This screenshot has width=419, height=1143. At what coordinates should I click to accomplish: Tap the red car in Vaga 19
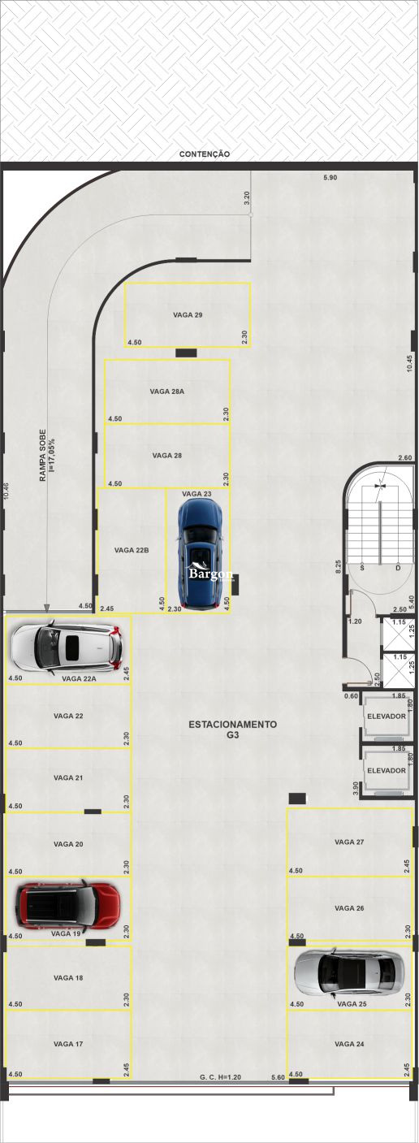pos(69,905)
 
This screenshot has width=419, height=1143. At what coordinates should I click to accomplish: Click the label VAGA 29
pos(188,314)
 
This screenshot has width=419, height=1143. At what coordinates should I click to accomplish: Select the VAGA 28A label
pos(167,391)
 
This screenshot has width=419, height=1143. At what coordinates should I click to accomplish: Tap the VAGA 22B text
pos(132,550)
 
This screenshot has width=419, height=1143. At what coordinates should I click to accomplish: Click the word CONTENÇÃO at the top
pos(205,154)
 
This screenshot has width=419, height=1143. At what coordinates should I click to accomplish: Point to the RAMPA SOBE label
pos(46,457)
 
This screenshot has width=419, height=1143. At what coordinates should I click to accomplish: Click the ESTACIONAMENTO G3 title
pos(232,729)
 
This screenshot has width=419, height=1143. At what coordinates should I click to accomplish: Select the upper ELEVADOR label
pos(386,717)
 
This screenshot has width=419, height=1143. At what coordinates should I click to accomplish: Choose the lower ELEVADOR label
pos(386,770)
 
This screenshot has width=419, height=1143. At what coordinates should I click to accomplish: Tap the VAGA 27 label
pos(349,842)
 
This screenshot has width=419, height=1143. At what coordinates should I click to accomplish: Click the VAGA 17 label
pos(68,1043)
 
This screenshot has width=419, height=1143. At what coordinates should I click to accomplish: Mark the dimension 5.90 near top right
pos(330,177)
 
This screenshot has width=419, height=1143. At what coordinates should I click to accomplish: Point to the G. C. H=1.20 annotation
pos(222,1077)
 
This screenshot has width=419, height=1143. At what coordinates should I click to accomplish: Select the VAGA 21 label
pos(68,777)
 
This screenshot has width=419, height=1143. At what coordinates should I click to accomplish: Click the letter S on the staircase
pos(362,568)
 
